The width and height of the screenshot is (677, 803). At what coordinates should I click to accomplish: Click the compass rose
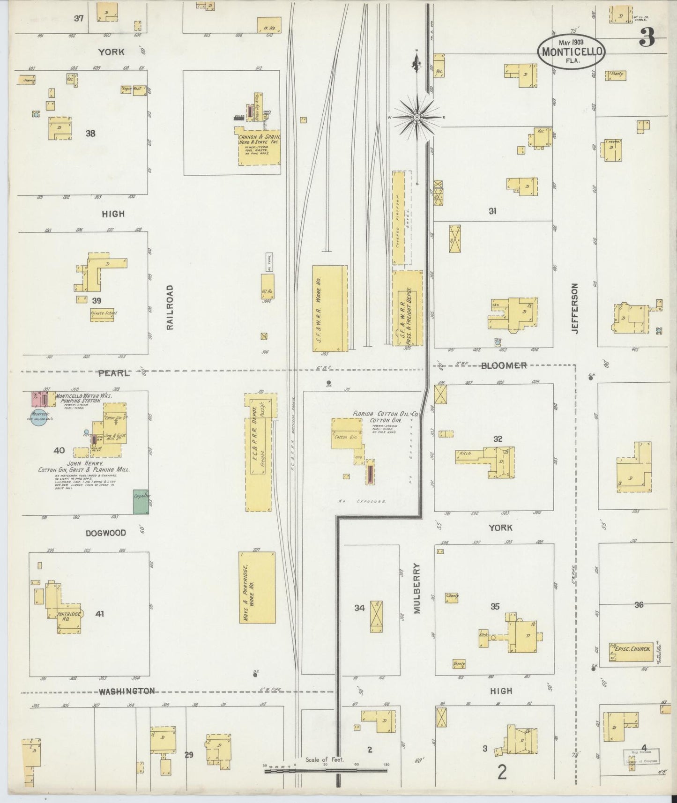point(417,117)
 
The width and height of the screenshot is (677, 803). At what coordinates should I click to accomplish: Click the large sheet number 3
point(647,36)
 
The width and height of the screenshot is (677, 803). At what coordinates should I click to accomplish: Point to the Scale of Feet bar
point(325,770)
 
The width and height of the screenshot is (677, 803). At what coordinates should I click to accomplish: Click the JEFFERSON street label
point(574,308)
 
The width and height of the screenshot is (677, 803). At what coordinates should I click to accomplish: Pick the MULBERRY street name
point(418,588)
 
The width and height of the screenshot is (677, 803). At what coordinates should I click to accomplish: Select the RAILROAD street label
point(170,307)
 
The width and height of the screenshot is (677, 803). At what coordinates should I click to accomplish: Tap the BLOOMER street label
point(504,365)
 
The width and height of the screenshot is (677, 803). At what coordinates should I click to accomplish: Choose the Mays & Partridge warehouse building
point(257,587)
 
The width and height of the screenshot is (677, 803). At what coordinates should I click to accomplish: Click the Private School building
point(104,314)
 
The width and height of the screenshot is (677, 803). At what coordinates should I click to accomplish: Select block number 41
point(99,613)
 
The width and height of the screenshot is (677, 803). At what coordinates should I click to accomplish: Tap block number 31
point(492,211)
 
